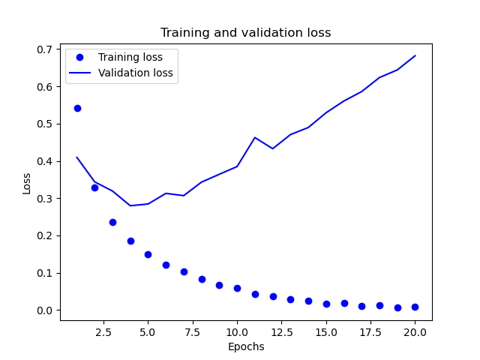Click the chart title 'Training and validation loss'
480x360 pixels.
click(x=245, y=33)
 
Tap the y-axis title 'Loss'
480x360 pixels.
click(x=27, y=183)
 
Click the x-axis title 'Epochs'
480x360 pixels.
click(x=245, y=346)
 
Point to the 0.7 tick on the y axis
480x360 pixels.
click(x=46, y=49)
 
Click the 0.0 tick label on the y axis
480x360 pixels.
click(x=46, y=310)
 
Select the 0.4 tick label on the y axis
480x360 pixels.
click(x=46, y=161)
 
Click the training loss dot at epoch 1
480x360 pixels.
click(x=77, y=108)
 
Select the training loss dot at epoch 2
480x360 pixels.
click(x=94, y=187)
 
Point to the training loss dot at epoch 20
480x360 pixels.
click(x=415, y=307)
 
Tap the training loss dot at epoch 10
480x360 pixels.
click(x=237, y=288)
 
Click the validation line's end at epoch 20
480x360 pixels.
click(x=415, y=55)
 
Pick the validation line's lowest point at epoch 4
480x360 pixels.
click(x=130, y=205)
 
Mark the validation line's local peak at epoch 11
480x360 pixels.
click(x=255, y=137)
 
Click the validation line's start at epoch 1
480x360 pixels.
click(x=77, y=157)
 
